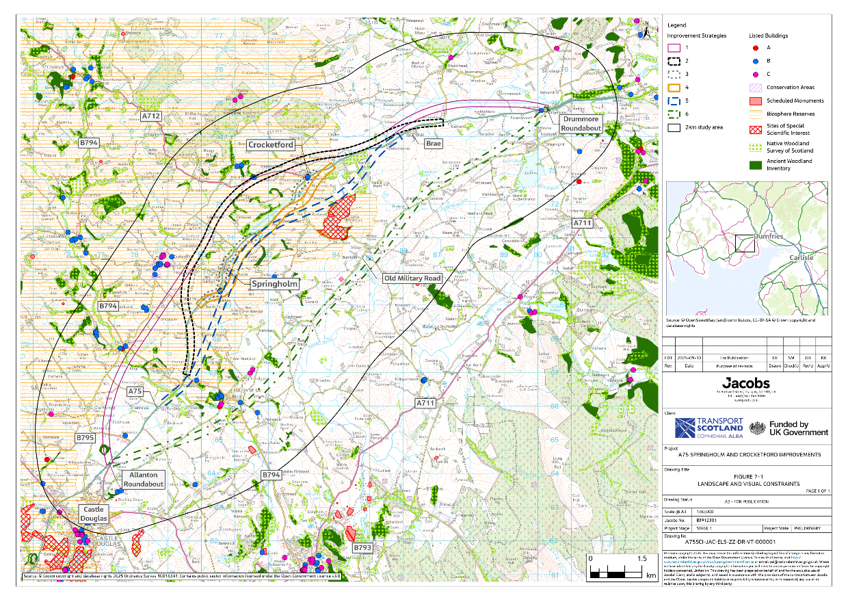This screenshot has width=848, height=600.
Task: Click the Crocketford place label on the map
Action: pos(270,145)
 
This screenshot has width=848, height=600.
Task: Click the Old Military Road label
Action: pos(412,278)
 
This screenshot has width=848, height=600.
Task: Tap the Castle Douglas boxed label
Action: pos(94,514)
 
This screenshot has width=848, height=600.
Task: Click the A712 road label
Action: pos(151,116)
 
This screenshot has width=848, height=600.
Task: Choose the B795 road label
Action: pos(85,437)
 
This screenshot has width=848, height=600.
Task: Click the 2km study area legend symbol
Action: pos(675,127)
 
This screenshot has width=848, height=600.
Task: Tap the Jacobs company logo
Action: pos(745,383)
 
